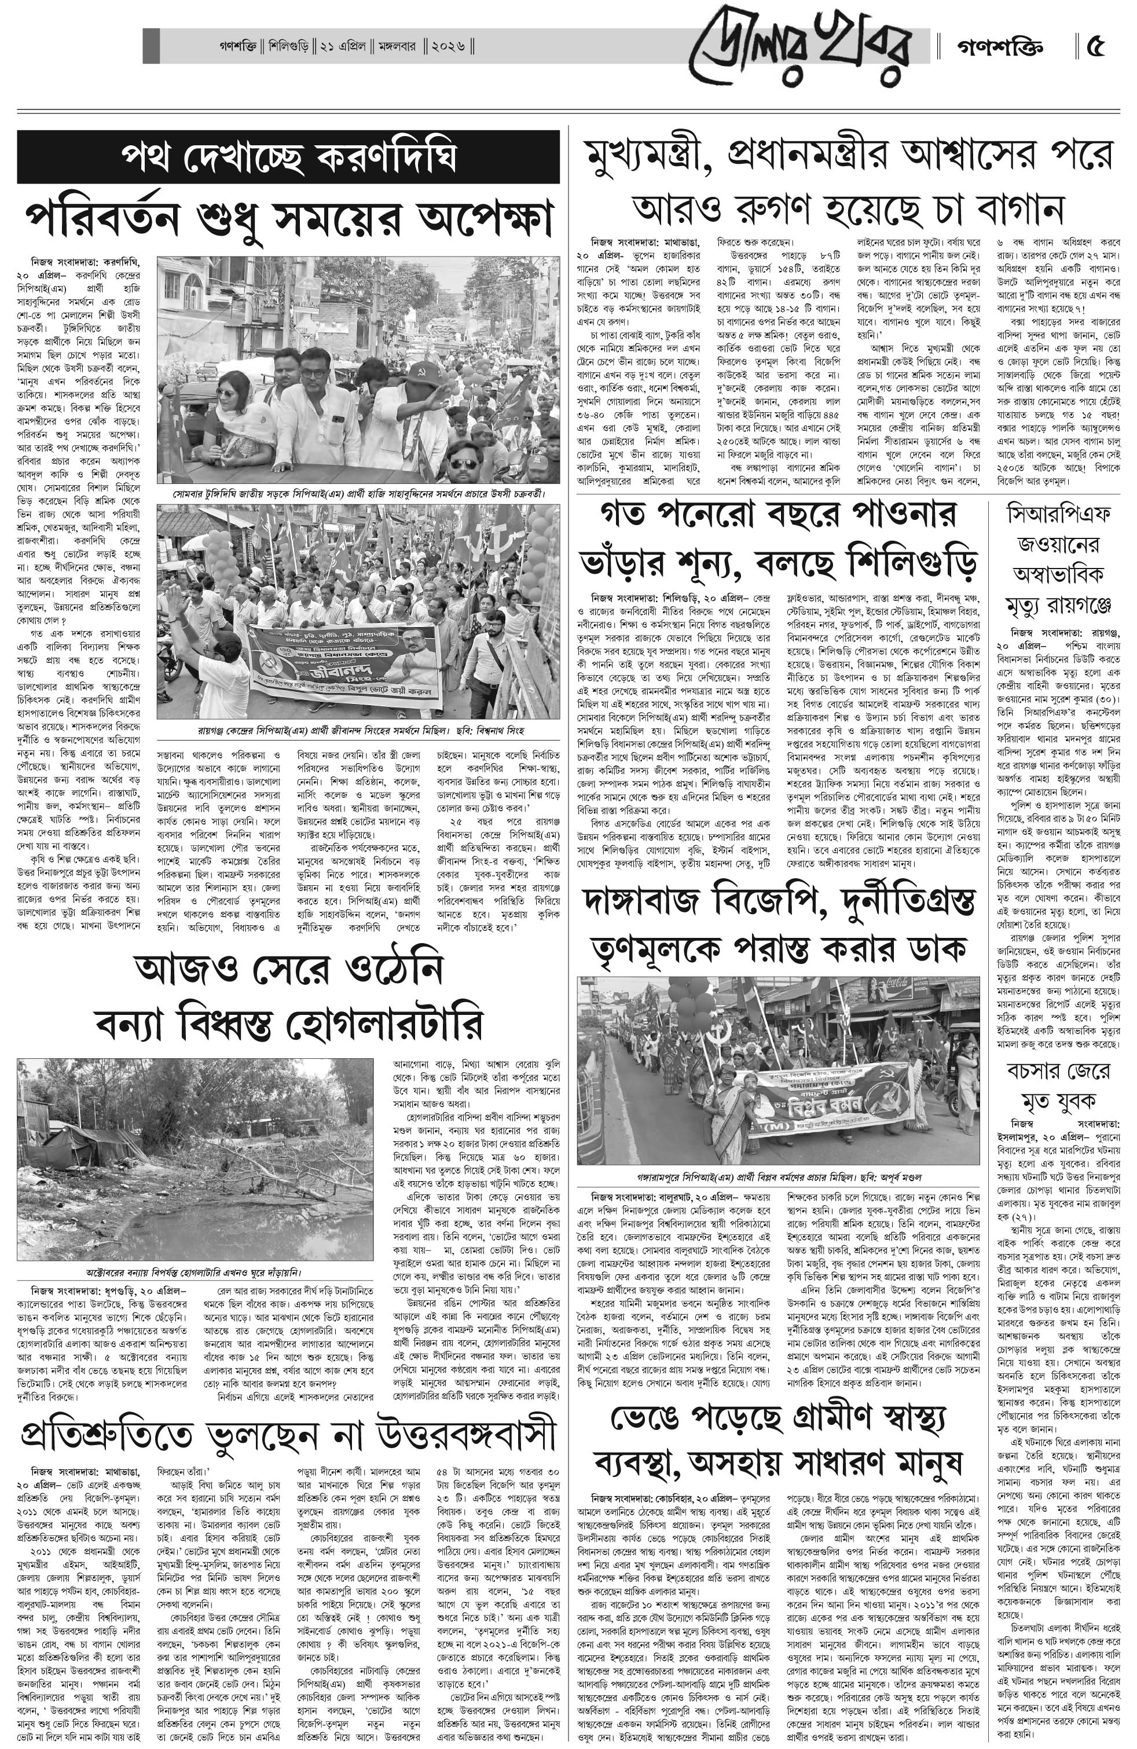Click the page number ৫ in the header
pyautogui.click(x=1095, y=48)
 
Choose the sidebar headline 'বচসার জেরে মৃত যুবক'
pyautogui.click(x=1058, y=1085)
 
